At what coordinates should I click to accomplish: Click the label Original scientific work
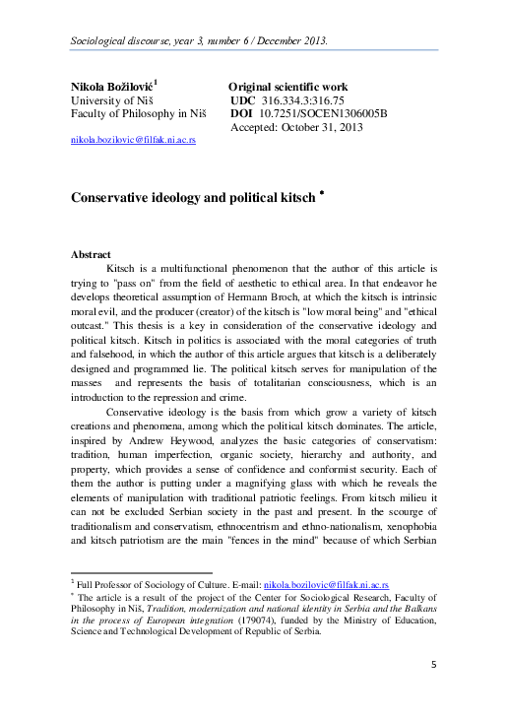[x=287, y=88]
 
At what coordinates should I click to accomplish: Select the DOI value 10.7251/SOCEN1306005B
[x=324, y=115]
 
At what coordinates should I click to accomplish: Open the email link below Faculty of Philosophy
[x=133, y=142]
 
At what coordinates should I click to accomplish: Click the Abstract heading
[x=91, y=254]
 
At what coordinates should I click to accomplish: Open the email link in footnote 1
[x=325, y=583]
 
